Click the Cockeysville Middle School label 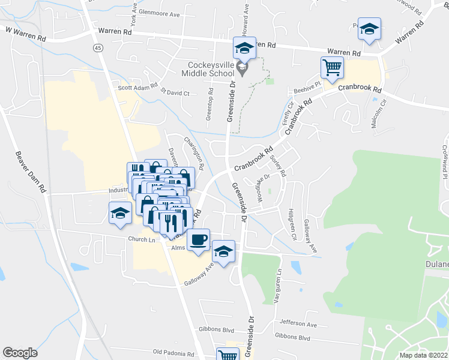click(x=209, y=68)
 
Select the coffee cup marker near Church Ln click(x=198, y=239)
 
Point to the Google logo click(x=20, y=353)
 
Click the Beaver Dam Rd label click(x=31, y=171)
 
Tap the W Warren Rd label click(x=25, y=33)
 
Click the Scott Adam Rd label click(x=137, y=87)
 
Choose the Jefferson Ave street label click(x=298, y=324)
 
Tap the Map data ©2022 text click(x=424, y=355)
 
